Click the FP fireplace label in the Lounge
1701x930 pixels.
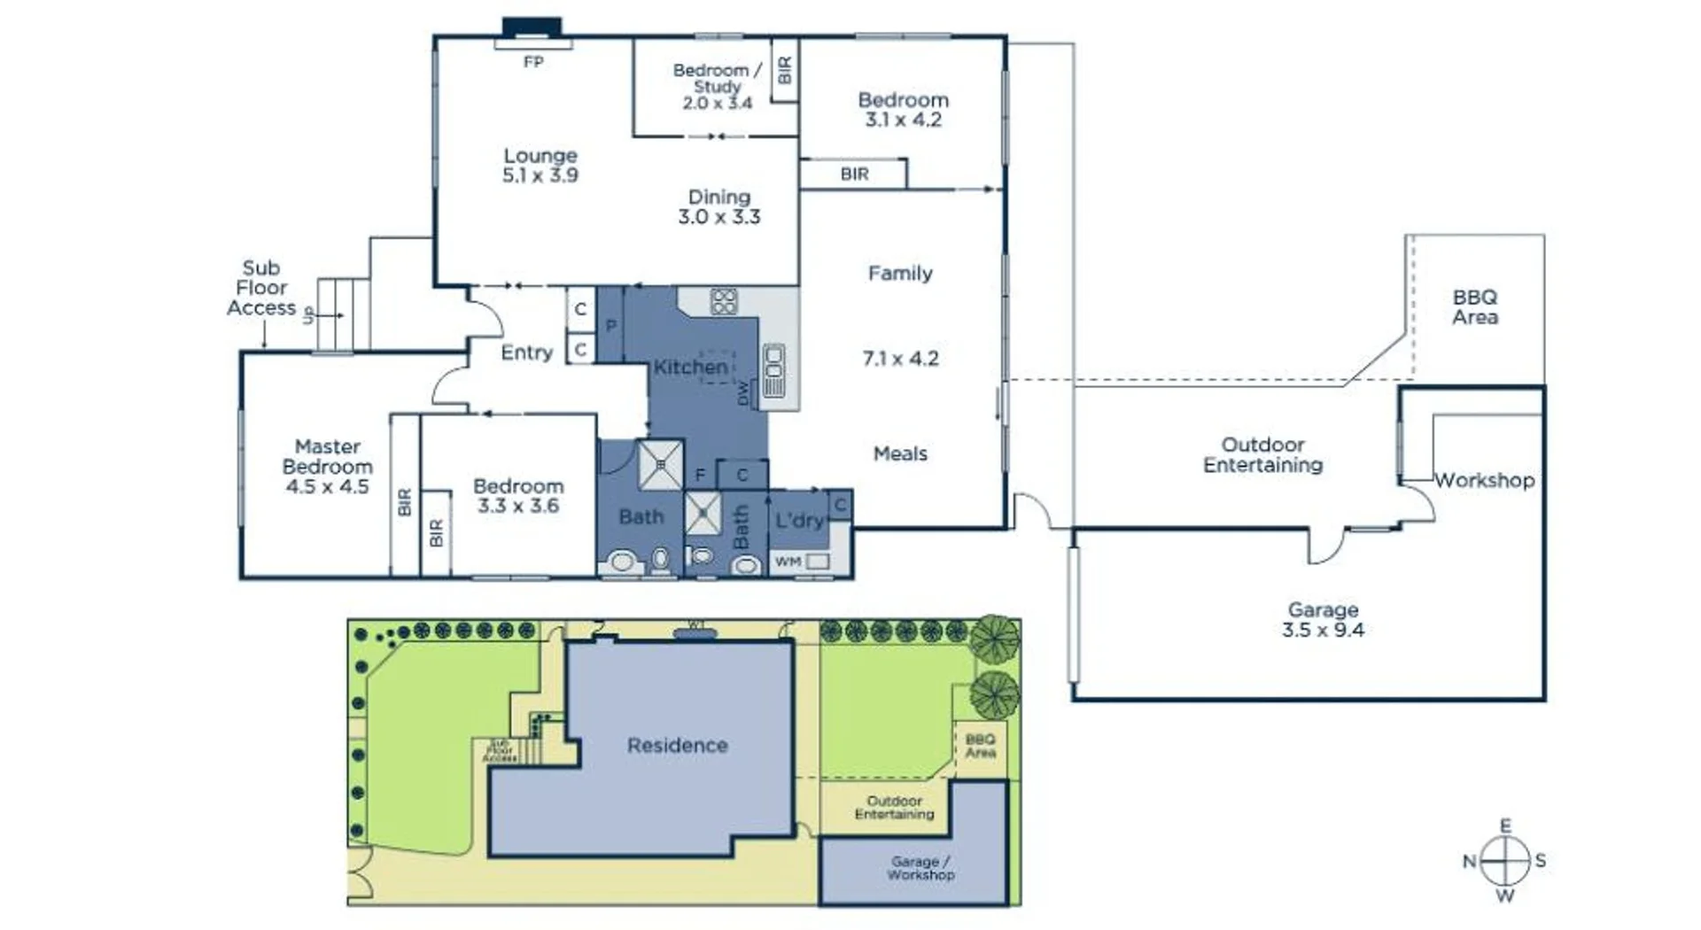coord(533,62)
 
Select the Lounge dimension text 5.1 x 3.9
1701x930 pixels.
coord(540,175)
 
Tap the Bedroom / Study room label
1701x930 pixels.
coord(717,78)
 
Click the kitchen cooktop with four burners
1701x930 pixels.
coord(724,301)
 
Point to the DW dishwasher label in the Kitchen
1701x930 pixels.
coord(742,393)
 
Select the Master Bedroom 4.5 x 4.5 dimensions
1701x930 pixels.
coord(327,486)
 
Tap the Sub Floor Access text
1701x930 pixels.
coord(260,288)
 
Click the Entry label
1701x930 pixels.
coord(526,353)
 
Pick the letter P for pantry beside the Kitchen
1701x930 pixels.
coord(610,326)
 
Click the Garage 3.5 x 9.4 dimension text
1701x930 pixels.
coord(1323,631)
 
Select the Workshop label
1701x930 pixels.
coord(1484,480)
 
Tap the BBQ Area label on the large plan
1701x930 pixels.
coord(1475,307)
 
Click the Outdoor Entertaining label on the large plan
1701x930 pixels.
coord(1262,454)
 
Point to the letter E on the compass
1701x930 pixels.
coord(1505,825)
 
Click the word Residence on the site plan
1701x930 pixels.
coord(677,746)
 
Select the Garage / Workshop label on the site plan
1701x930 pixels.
coord(920,868)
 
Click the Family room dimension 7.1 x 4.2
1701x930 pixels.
coord(900,359)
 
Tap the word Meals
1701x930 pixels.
coord(900,453)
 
